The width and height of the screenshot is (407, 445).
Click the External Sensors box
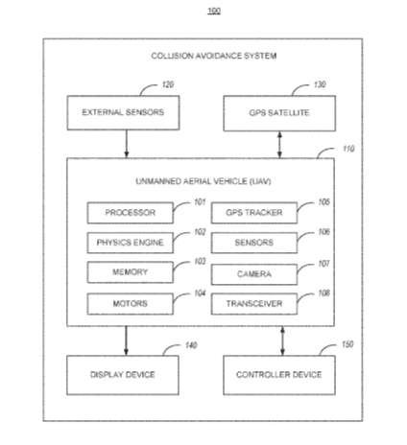click(x=123, y=113)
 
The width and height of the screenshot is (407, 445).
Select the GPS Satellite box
click(x=279, y=113)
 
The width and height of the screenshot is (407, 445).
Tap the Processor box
click(x=131, y=213)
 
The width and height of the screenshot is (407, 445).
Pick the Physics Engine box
click(x=131, y=243)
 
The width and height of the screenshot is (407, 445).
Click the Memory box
click(x=131, y=272)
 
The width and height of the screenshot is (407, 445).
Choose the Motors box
click(x=131, y=304)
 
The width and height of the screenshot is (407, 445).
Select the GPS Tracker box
click(x=254, y=213)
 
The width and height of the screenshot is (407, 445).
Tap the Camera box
click(x=254, y=274)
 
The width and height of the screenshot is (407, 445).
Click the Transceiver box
click(x=254, y=304)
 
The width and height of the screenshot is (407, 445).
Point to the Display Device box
click(x=123, y=375)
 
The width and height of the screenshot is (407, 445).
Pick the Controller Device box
click(x=279, y=375)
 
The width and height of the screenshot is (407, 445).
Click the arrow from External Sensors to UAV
click(x=127, y=144)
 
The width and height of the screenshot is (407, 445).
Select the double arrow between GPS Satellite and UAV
click(x=279, y=145)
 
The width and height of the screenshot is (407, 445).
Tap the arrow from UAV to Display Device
click(x=126, y=340)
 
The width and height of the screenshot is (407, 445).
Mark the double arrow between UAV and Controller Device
click(x=282, y=340)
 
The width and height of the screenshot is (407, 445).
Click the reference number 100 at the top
click(x=214, y=11)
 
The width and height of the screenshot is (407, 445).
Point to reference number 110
click(x=348, y=149)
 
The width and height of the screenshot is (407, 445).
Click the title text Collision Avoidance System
click(x=214, y=56)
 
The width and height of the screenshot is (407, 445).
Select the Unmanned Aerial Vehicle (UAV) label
click(x=203, y=181)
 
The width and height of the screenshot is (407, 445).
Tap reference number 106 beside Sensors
click(x=323, y=232)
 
